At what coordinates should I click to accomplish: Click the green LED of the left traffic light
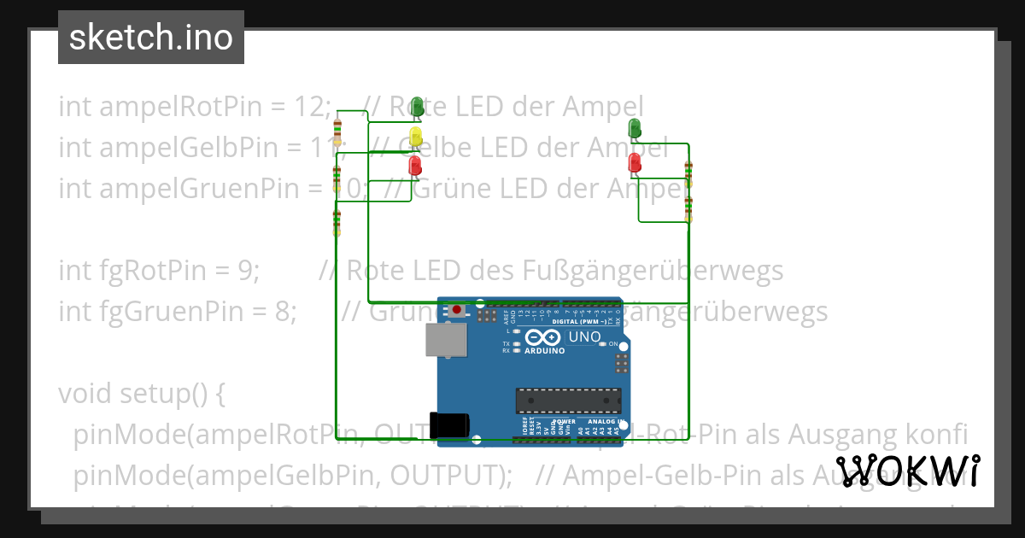[x=418, y=107]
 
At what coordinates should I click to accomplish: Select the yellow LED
[x=416, y=136]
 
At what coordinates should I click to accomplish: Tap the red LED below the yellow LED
[x=415, y=165]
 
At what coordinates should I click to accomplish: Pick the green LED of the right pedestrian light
[x=635, y=128]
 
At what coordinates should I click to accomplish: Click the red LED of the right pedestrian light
[x=635, y=161]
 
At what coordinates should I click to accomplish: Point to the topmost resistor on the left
[x=338, y=132]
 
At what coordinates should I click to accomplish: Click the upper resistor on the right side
[x=688, y=173]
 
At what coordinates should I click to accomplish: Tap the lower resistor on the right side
[x=688, y=209]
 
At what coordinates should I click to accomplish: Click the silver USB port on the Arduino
[x=447, y=341]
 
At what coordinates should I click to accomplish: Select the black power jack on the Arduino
[x=451, y=424]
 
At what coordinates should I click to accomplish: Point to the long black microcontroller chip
[x=567, y=399]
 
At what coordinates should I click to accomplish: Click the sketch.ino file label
[x=151, y=38]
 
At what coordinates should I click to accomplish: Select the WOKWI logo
[x=909, y=471]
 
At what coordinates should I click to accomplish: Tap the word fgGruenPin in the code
[x=160, y=311]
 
